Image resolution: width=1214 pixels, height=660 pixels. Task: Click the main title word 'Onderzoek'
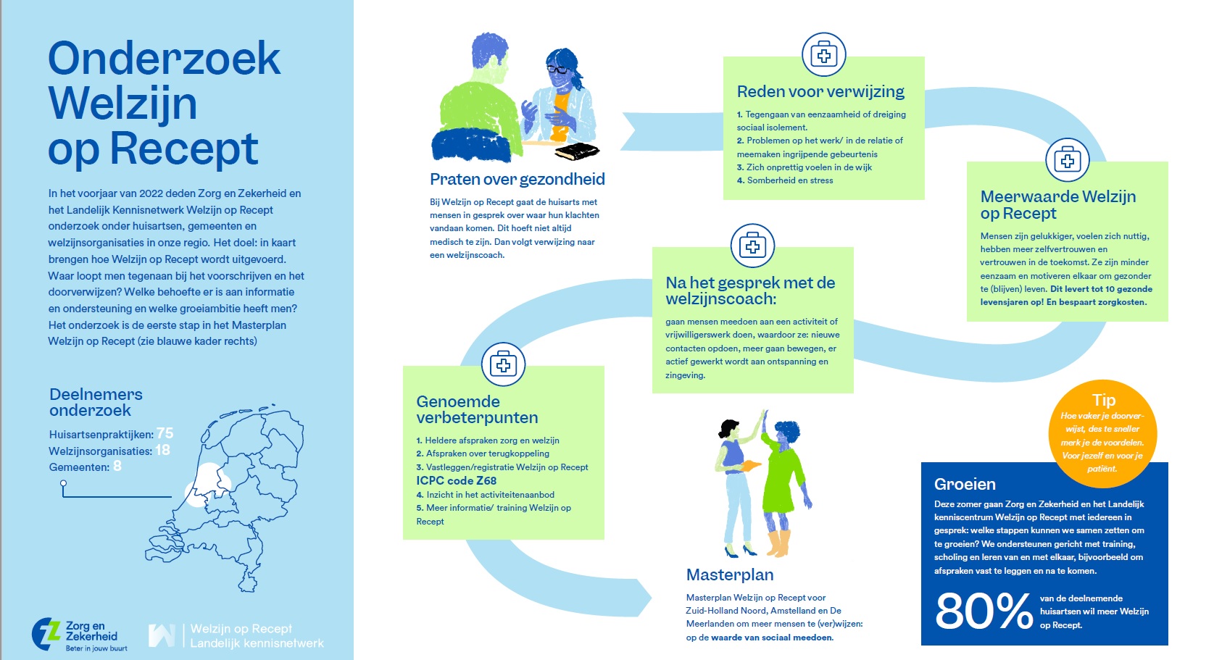(164, 59)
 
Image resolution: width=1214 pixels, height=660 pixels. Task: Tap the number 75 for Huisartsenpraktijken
(165, 433)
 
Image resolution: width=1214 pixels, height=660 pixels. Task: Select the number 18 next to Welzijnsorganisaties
(162, 450)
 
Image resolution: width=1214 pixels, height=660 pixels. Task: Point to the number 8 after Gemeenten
(117, 467)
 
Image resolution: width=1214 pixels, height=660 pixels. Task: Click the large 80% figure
(984, 612)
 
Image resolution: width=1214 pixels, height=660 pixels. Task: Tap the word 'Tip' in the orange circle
(1103, 400)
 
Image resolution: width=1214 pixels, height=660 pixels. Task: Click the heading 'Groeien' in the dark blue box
(965, 484)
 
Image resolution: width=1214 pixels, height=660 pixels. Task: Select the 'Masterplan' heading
(729, 575)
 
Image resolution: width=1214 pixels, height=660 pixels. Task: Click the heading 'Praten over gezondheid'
(517, 179)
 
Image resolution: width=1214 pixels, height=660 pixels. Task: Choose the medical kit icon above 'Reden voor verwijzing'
(823, 54)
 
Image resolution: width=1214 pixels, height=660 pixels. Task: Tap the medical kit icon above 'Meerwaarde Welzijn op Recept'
(1067, 160)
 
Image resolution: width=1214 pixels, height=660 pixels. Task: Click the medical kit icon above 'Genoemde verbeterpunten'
(503, 364)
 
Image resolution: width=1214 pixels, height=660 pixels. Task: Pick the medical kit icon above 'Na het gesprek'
(752, 246)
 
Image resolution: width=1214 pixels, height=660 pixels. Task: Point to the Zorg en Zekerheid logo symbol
(46, 634)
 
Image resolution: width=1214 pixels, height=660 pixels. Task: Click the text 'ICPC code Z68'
(456, 480)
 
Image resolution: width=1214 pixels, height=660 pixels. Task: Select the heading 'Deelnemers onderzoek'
(96, 402)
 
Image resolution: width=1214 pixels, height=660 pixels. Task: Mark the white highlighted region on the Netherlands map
(207, 485)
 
